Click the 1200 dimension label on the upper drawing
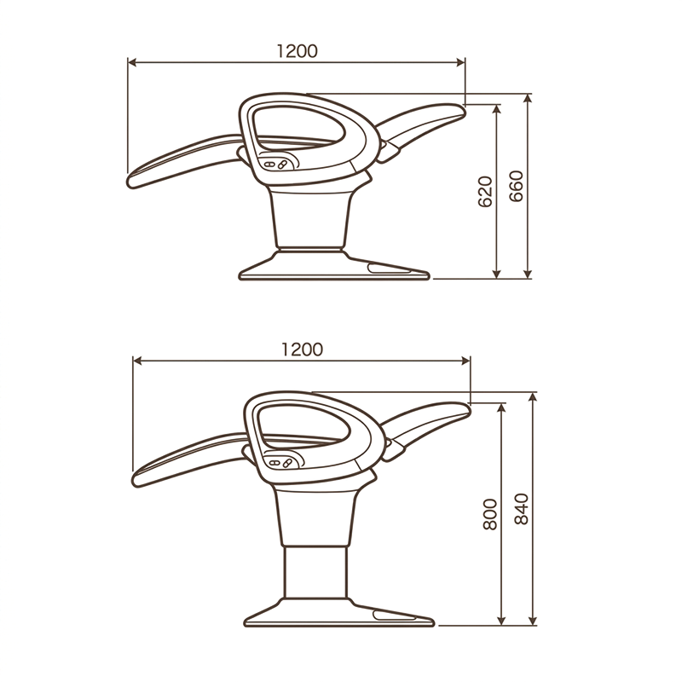pos(298,51)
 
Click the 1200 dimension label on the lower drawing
pos(303,350)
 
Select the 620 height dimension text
pos(484,192)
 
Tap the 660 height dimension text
pos(516,186)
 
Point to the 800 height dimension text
pos(489,515)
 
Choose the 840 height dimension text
pos(521,509)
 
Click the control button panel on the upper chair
pos(279,162)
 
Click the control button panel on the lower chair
pos(284,460)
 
